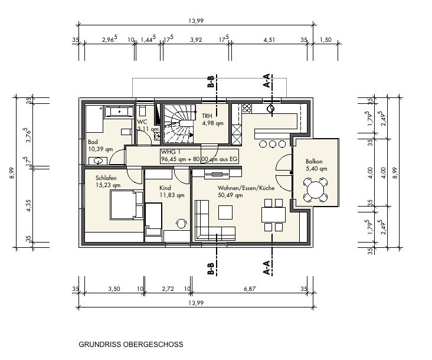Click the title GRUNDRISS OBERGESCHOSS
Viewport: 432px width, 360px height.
tap(131, 344)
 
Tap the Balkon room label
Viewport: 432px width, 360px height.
tap(314, 161)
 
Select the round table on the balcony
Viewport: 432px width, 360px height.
tap(315, 190)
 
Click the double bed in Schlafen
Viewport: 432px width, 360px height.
tap(126, 204)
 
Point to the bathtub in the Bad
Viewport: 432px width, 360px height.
tap(118, 112)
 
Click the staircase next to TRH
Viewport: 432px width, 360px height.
tap(179, 123)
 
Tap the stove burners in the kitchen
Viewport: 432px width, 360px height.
tap(247, 108)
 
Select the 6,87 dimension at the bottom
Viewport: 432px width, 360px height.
tap(250, 289)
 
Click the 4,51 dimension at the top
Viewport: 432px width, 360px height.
tap(269, 40)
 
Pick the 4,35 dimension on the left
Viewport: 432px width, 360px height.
tap(29, 205)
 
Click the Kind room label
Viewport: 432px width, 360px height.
tap(165, 188)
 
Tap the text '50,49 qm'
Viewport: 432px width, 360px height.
tap(230, 195)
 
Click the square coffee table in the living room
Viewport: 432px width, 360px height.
tap(225, 212)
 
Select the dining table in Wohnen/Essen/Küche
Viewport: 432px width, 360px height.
tap(273, 215)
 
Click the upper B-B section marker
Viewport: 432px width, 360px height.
tap(211, 81)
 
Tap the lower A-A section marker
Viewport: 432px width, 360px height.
tap(267, 268)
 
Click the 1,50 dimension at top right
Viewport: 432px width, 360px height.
tap(326, 40)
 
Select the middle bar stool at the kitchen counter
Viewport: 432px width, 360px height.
tap(273, 144)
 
